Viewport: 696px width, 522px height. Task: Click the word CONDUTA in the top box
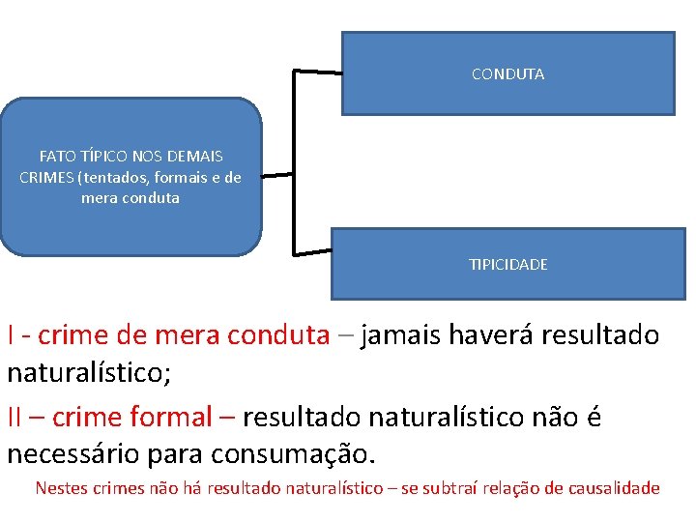click(507, 74)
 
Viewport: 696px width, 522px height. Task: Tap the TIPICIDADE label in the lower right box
click(507, 264)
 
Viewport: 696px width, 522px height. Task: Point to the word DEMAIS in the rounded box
click(196, 156)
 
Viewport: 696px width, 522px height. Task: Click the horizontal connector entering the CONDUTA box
click(317, 72)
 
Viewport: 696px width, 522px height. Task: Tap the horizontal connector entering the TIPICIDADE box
click(311, 252)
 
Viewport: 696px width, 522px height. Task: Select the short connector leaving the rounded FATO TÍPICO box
click(276, 175)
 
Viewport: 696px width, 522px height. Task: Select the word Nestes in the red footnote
click(60, 488)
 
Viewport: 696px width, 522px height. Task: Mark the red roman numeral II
click(15, 418)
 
